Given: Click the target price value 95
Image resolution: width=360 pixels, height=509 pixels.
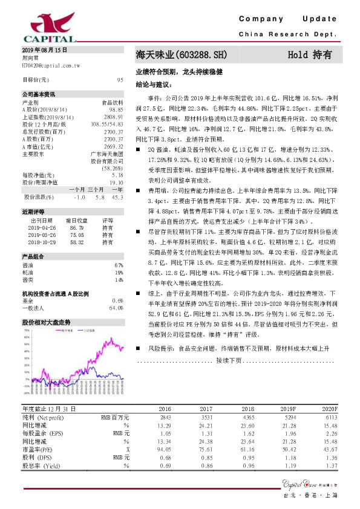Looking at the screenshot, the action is (120, 80).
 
